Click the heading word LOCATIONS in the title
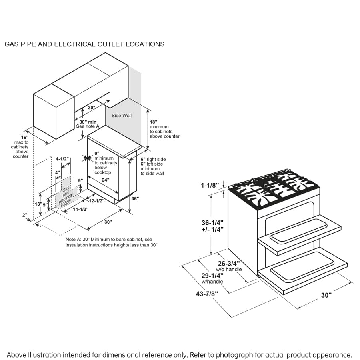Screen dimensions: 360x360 145,44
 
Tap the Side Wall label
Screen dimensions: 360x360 122,116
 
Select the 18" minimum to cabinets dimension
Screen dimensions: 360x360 154,122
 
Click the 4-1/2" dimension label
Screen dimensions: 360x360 62,159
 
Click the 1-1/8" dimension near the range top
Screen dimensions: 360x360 210,185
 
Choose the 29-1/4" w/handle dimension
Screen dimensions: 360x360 212,276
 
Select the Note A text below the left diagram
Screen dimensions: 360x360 112,242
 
